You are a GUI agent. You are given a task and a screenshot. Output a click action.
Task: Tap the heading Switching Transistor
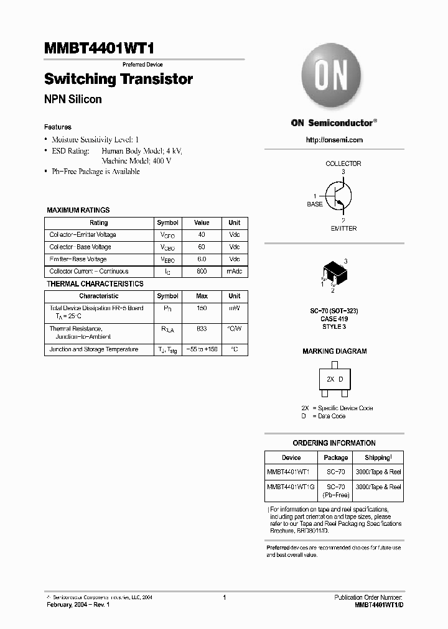point(118,80)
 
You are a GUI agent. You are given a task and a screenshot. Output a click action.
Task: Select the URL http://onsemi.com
point(334,140)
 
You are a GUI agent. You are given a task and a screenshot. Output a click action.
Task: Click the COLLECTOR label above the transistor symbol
point(343,163)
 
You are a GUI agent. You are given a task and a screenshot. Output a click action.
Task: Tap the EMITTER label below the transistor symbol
point(343,229)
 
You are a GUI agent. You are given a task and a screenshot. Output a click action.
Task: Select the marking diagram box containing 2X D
point(335,379)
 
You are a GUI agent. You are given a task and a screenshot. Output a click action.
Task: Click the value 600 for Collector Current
point(202,272)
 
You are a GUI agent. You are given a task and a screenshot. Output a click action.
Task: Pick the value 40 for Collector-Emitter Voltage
point(202,235)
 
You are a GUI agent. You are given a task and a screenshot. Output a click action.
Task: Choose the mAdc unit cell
point(234,272)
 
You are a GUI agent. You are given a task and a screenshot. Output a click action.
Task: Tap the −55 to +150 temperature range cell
point(202,350)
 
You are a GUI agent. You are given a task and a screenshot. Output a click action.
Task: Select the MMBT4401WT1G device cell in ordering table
point(291,487)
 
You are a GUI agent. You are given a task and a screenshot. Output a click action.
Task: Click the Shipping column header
point(378,457)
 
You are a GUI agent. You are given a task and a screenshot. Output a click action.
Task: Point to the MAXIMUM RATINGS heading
point(78,210)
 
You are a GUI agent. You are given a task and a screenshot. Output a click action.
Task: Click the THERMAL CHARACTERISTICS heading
point(95,284)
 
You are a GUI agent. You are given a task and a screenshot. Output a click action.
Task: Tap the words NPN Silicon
point(73,99)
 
